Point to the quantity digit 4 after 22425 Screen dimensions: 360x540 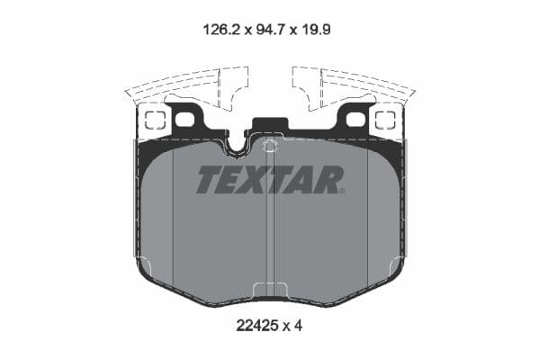[299, 326]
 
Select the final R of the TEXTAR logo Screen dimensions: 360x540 [331, 180]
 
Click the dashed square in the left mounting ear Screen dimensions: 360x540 [155, 120]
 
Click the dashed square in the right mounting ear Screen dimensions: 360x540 [386, 120]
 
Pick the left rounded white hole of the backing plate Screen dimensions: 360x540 [184, 119]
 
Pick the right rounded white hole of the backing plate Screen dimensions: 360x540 [355, 119]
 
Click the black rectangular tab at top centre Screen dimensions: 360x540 [269, 128]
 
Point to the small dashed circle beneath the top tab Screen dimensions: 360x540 [270, 146]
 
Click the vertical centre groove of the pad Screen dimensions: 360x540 [270, 225]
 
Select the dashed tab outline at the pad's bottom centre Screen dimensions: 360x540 [270, 290]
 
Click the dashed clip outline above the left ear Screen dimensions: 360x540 [184, 86]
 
